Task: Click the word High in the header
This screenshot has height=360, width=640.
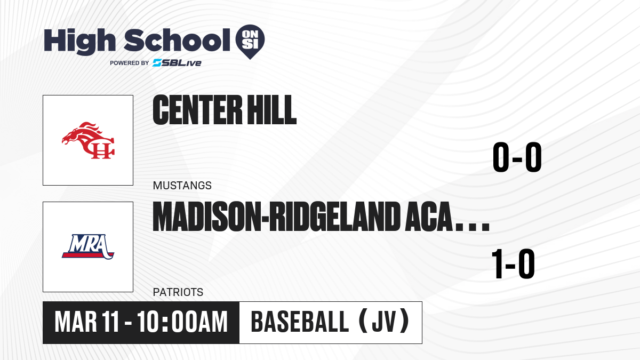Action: point(79,42)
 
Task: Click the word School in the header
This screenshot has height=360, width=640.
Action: point(177,40)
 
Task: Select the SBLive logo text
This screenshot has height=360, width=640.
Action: point(177,62)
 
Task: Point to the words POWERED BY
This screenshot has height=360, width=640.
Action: point(130,63)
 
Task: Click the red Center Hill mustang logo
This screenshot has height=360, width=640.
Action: point(89,140)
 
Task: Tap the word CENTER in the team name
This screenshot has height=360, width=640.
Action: point(197,110)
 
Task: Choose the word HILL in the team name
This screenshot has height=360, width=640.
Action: point(271,110)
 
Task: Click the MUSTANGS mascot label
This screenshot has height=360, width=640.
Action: point(182,186)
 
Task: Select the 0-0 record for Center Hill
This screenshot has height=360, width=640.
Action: point(517,157)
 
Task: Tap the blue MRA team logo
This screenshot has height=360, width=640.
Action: point(89,247)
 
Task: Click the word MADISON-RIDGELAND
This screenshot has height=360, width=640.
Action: point(276,217)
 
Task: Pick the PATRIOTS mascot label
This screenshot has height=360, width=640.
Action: point(178,292)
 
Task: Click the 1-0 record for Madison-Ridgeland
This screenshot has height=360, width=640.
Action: point(513,263)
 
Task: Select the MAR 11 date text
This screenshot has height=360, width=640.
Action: point(86,322)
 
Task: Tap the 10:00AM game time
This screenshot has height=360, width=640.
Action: point(182,322)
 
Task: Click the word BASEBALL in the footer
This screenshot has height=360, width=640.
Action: point(300,322)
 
